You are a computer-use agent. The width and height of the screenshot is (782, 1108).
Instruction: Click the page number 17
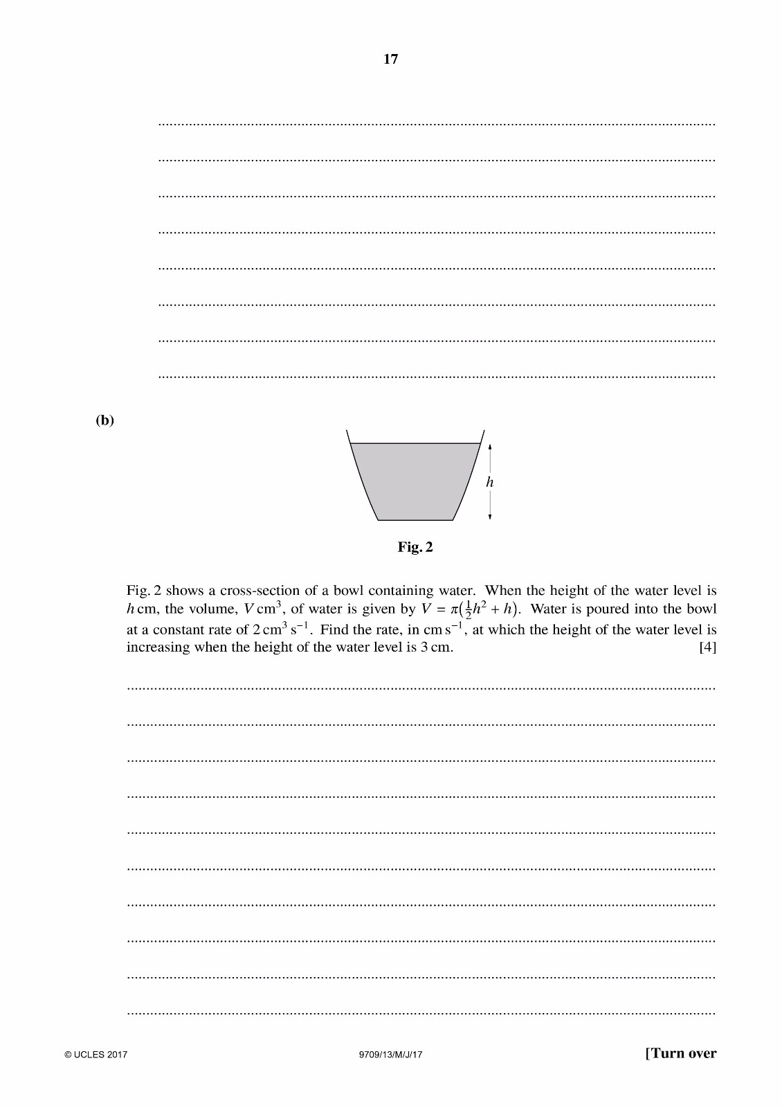pos(391,60)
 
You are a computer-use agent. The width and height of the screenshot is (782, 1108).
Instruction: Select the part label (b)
pos(104,420)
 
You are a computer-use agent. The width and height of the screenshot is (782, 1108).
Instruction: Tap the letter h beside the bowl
pos(490,482)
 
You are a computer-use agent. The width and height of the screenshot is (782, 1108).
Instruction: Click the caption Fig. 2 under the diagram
pos(415,547)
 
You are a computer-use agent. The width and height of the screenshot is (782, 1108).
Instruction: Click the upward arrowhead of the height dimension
pos(490,447)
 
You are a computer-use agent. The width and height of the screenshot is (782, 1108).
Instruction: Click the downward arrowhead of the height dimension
pos(490,516)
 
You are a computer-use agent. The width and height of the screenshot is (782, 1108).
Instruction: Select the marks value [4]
pos(707,647)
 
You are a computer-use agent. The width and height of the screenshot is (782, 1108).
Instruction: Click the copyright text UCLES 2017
pos(96,1055)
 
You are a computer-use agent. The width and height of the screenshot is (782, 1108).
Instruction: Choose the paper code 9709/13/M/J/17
pos(391,1055)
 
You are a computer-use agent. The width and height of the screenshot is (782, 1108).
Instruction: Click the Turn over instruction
pos(681,1053)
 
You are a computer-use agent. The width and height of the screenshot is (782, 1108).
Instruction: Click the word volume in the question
pos(210,610)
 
